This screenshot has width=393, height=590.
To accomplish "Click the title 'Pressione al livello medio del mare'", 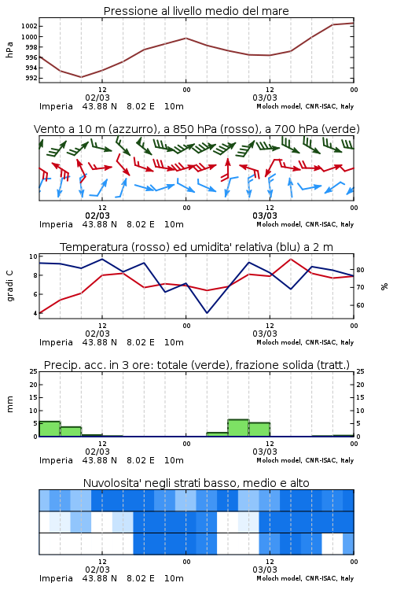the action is pyautogui.click(x=196, y=11).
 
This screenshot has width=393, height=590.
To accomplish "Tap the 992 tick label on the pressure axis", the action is pyautogui.click(x=31, y=78).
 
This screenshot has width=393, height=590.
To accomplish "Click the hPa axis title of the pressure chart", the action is pyautogui.click(x=9, y=50).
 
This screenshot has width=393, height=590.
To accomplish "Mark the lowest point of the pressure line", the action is pyautogui.click(x=81, y=77).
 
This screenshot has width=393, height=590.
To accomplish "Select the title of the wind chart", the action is pyautogui.click(x=196, y=129).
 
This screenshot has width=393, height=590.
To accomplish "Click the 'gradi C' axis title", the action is pyautogui.click(x=9, y=286).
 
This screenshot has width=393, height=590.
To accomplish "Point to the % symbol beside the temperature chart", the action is pyautogui.click(x=384, y=286).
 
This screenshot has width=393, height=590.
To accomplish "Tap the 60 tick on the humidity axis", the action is pyautogui.click(x=360, y=305).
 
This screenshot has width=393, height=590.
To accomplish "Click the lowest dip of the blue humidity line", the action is pyautogui.click(x=207, y=312).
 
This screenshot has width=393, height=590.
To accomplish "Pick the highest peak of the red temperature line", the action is pyautogui.click(x=290, y=259).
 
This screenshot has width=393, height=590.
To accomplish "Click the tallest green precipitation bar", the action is pyautogui.click(x=238, y=428).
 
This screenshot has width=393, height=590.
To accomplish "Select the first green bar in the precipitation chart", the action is pyautogui.click(x=50, y=429).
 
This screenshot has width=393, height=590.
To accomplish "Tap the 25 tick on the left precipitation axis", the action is pyautogui.click(x=34, y=371).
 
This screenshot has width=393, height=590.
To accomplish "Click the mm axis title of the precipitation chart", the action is pyautogui.click(x=9, y=404).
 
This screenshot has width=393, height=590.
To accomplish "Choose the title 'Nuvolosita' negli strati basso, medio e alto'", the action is pyautogui.click(x=196, y=483).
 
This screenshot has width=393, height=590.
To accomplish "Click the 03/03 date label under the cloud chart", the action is pyautogui.click(x=265, y=570).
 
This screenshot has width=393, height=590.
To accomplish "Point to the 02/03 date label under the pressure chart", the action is pyautogui.click(x=97, y=98).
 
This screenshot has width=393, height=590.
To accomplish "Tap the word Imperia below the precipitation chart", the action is pyautogui.click(x=56, y=460).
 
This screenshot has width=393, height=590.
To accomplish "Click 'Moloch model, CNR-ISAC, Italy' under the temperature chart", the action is pyautogui.click(x=305, y=342).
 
